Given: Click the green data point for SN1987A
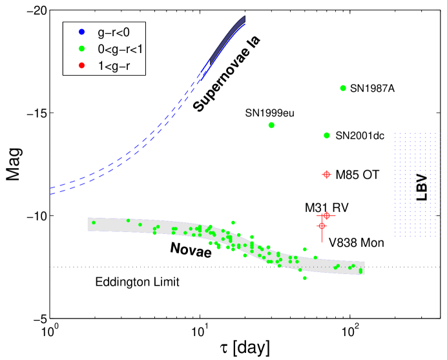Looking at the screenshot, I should (343, 88).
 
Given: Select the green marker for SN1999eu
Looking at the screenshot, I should (271, 125).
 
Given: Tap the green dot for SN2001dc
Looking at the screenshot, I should (327, 135).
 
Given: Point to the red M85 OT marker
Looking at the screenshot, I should (327, 175).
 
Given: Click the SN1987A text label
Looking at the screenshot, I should (372, 89).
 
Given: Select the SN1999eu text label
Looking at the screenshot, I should (270, 112).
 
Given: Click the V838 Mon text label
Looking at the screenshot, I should (357, 244).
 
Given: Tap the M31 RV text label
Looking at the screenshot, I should (327, 207).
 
